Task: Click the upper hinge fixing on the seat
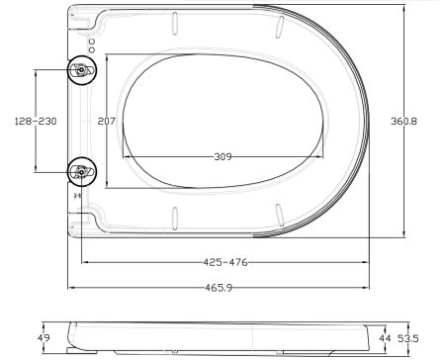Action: coord(80,70)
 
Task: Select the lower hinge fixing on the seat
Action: coord(80,172)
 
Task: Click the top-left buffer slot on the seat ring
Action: coord(174,22)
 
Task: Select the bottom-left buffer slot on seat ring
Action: coord(174,218)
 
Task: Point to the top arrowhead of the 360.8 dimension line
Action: coord(404,7)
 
